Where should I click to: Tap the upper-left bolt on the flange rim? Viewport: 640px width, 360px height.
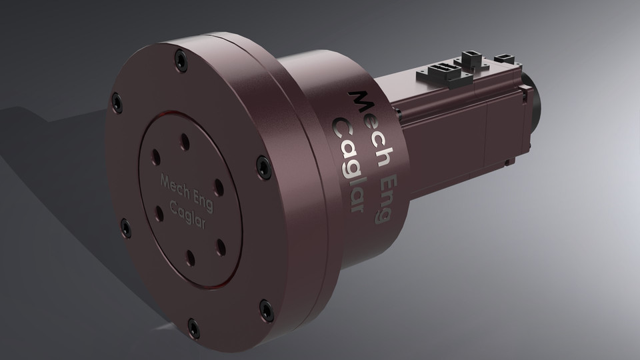pyautogui.click(x=118, y=103)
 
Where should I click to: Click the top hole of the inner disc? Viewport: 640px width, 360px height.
pyautogui.click(x=185, y=141)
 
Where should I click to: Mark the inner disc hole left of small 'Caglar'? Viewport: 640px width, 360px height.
pyautogui.click(x=159, y=213)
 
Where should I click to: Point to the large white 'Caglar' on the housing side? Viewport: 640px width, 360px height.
pyautogui.click(x=351, y=167)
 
